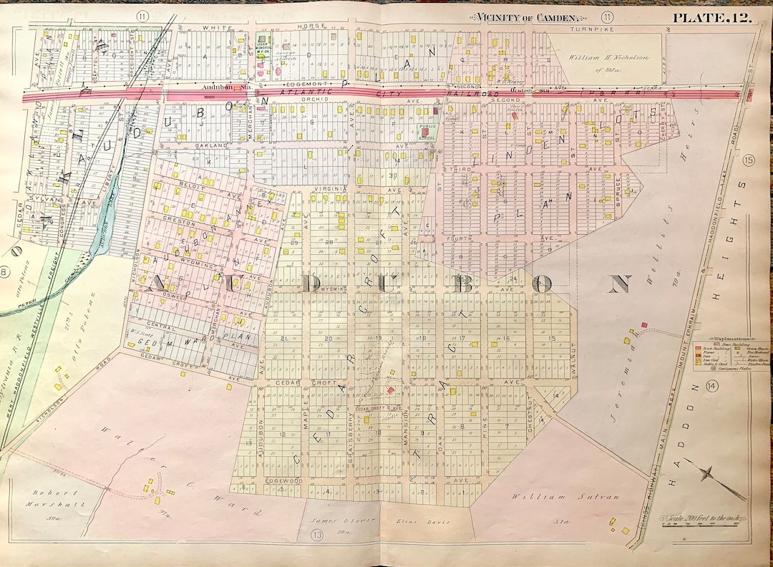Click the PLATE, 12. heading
(x=710, y=18)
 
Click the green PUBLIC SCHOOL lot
(x=427, y=131)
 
